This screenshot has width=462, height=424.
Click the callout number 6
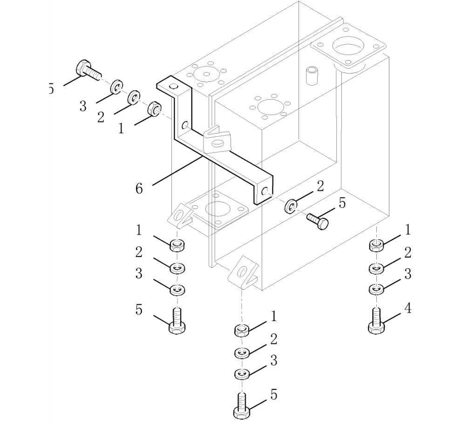(x=139, y=188)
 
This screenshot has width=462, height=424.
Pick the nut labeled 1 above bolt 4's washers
(x=376, y=245)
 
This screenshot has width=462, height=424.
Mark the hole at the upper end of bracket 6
(x=173, y=87)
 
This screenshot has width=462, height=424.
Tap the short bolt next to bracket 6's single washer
(x=317, y=220)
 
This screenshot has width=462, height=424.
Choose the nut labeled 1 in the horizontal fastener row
(x=153, y=110)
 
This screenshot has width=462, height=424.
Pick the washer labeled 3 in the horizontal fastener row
(x=116, y=87)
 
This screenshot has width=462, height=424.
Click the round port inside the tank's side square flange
(x=215, y=209)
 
